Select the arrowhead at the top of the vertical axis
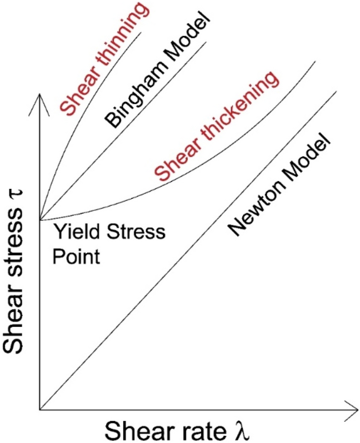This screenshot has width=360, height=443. (39, 100)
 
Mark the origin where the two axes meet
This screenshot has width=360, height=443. (39, 410)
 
